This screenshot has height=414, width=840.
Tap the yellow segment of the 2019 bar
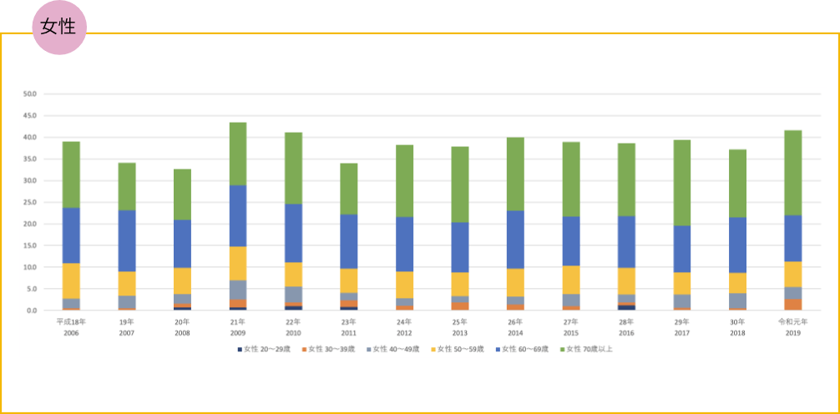tap(792, 274)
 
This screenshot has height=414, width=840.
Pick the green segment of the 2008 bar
tap(182, 194)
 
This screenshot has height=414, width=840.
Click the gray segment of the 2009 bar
tap(238, 290)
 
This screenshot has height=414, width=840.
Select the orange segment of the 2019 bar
tap(792, 305)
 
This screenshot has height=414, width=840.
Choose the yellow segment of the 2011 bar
tap(349, 280)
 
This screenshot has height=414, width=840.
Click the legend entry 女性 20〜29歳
tap(265, 348)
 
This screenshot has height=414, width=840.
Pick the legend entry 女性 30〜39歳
tap(329, 348)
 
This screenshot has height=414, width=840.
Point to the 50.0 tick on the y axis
tap(30, 93)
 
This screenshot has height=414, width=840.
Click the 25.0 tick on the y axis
tap(30, 202)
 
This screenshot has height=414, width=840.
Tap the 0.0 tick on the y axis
tap(32, 310)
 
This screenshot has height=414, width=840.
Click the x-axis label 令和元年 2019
tap(792, 326)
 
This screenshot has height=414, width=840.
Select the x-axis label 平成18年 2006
tap(71, 326)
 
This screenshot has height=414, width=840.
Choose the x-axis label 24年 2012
tap(404, 326)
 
